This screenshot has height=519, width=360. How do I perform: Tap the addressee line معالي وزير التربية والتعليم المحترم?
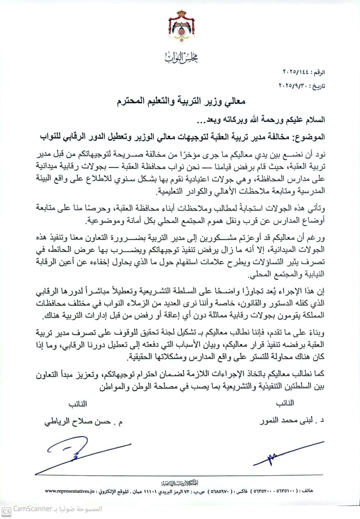181,102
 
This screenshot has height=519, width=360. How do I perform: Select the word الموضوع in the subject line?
310,137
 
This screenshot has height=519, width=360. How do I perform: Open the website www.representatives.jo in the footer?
70,491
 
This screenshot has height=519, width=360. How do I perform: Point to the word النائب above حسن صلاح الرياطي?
78,404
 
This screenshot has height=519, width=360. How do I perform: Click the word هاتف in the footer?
307,491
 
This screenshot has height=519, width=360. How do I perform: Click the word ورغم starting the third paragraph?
317,238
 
